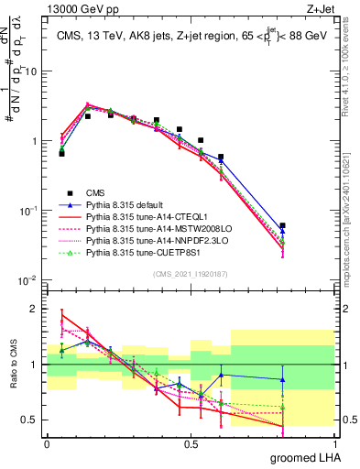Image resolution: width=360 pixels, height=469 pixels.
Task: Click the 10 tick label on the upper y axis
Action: point(33,71)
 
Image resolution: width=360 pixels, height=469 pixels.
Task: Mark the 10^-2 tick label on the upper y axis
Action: point(30,280)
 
